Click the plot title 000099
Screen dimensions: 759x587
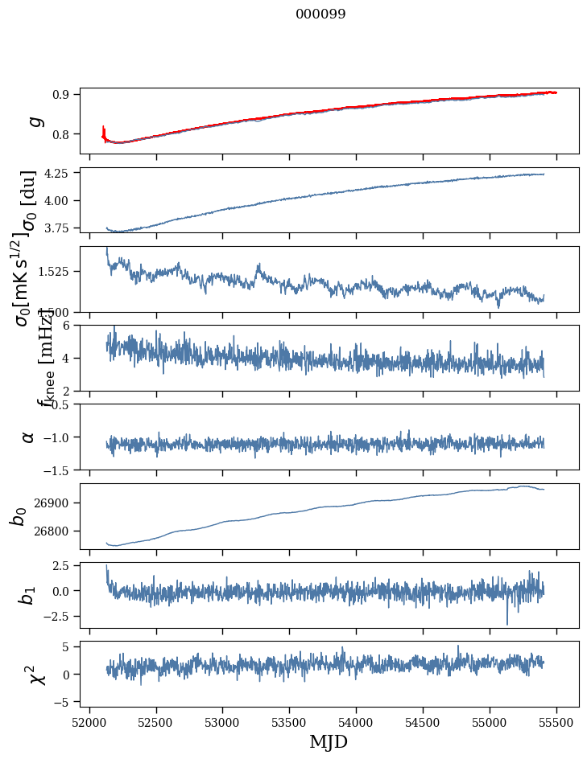320,14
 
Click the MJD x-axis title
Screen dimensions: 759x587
329,741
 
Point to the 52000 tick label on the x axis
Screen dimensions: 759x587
89,721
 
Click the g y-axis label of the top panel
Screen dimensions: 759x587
33,121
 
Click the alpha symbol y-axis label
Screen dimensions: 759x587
28,437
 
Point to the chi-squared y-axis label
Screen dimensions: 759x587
33,674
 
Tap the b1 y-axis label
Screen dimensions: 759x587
28,595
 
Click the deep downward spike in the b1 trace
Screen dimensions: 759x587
507,622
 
